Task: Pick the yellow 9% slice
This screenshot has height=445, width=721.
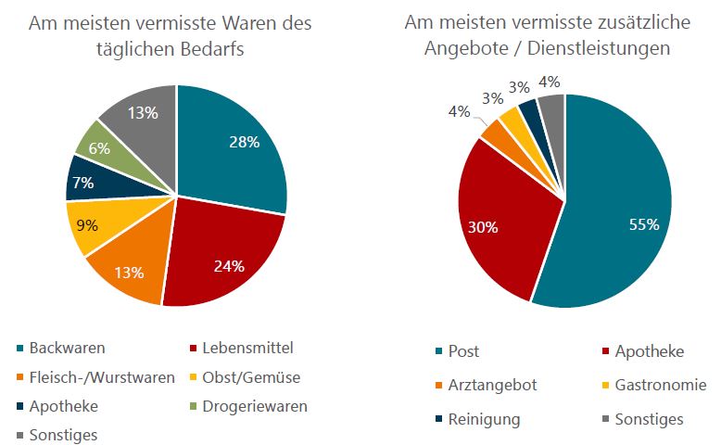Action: point(85,225)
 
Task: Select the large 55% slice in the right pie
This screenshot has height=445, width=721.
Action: point(621,213)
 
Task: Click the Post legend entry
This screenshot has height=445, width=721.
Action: point(463,351)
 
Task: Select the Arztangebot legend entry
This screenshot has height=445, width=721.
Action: point(491,385)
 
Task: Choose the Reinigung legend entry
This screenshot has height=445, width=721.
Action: point(484,419)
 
